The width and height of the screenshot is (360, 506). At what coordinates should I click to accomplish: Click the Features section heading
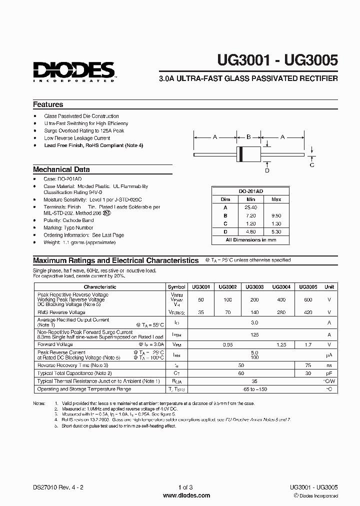click(48, 104)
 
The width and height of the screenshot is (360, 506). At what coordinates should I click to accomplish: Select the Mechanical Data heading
click(61, 169)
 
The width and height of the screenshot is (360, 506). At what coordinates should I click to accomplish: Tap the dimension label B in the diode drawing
click(248, 136)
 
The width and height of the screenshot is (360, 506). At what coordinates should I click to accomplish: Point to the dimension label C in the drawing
click(312, 164)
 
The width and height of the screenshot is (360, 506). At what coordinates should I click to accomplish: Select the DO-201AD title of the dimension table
click(250, 191)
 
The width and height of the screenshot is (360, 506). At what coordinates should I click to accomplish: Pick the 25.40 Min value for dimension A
click(251, 207)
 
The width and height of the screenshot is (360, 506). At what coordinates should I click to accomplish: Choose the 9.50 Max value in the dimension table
click(276, 215)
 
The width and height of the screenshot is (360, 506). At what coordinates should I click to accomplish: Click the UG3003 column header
click(254, 287)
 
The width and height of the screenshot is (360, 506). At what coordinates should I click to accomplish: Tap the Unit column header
click(329, 287)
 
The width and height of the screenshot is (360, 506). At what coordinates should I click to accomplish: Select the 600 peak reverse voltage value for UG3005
click(307, 299)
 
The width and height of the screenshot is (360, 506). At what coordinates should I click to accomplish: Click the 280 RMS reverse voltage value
click(281, 312)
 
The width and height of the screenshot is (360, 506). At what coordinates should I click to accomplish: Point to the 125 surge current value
click(254, 334)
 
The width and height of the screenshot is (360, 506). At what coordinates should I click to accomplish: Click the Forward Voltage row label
click(55, 344)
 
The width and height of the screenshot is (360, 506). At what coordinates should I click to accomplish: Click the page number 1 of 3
click(185, 487)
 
